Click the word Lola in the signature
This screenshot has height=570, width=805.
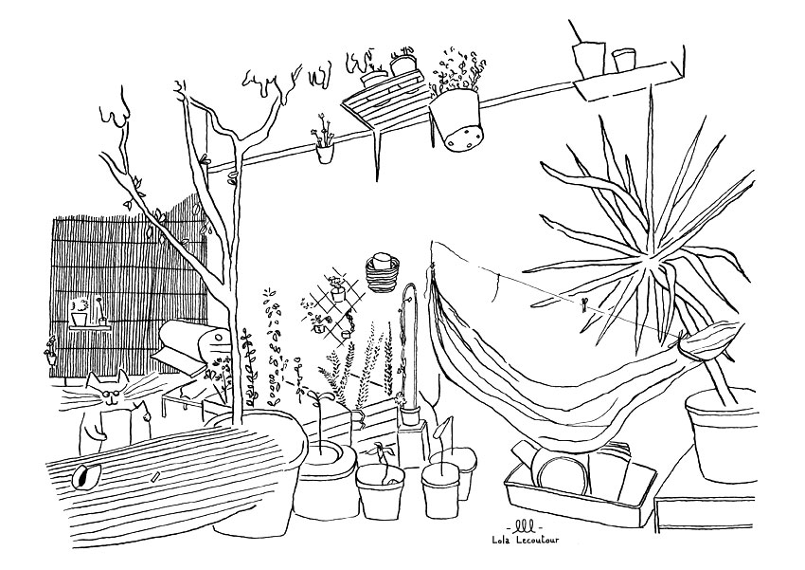coord(502,539)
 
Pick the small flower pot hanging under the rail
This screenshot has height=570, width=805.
coord(325,153)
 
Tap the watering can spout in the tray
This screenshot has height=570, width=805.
coord(522,452)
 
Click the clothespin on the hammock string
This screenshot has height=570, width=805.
coord(583,304)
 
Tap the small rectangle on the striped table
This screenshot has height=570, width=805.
coord(156,476)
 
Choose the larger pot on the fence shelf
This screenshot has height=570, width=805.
coord(79,320)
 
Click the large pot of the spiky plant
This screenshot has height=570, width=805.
coord(722,434)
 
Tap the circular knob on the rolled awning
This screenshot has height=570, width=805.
coord(217,339)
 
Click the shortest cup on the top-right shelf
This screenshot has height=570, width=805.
coord(623,59)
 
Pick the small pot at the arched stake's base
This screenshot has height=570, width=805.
coord(410,415)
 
